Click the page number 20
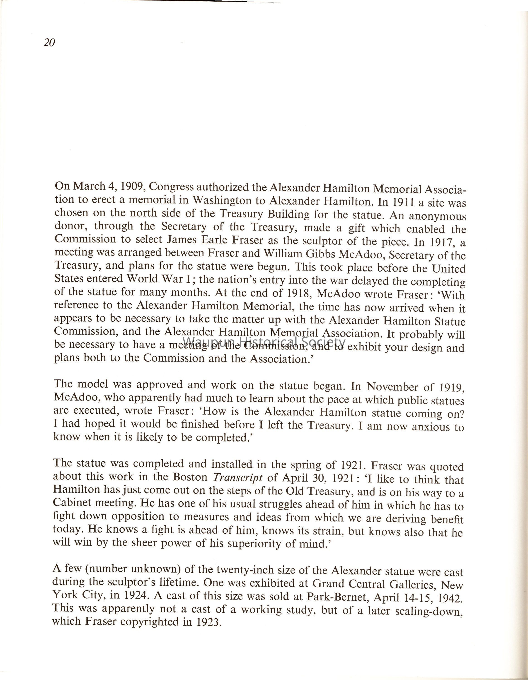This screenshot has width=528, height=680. pos(49,42)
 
